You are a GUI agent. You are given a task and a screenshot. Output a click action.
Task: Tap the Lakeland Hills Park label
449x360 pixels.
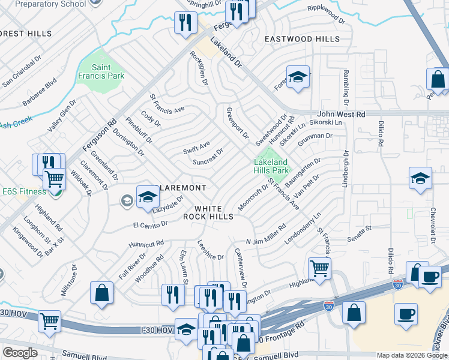[271, 166]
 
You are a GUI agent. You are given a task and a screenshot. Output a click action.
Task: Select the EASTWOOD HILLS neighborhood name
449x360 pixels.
[303, 39]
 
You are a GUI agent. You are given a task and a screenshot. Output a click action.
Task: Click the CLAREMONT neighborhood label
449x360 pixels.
[182, 188]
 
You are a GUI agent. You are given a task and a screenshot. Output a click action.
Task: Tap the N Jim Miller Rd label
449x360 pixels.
[265, 232]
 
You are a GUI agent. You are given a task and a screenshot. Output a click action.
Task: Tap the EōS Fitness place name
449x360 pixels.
[23, 191]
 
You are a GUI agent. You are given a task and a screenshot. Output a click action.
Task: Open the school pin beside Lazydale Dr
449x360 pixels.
[148, 197]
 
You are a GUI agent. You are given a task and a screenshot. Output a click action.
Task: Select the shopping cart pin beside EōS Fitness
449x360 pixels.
[55, 179]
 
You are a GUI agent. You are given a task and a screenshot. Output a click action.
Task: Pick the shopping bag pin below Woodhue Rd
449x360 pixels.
[102, 293]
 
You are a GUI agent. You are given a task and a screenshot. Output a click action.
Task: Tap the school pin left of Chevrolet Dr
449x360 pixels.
[421, 178]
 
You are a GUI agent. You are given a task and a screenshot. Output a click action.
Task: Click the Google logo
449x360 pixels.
[20, 353]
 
